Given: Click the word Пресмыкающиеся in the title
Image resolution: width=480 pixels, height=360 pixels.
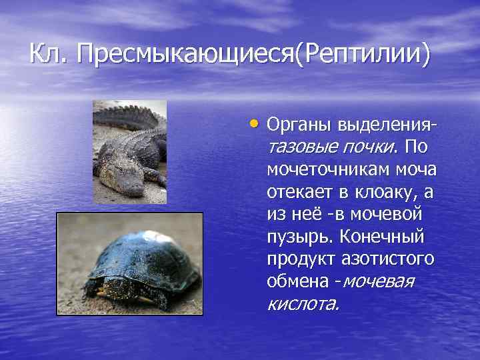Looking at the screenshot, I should (185, 54).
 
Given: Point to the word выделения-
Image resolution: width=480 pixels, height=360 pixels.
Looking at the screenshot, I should (388, 125).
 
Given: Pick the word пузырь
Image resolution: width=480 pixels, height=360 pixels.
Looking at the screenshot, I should (299, 237).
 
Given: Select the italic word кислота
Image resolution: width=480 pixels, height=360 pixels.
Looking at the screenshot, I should (303, 305).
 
